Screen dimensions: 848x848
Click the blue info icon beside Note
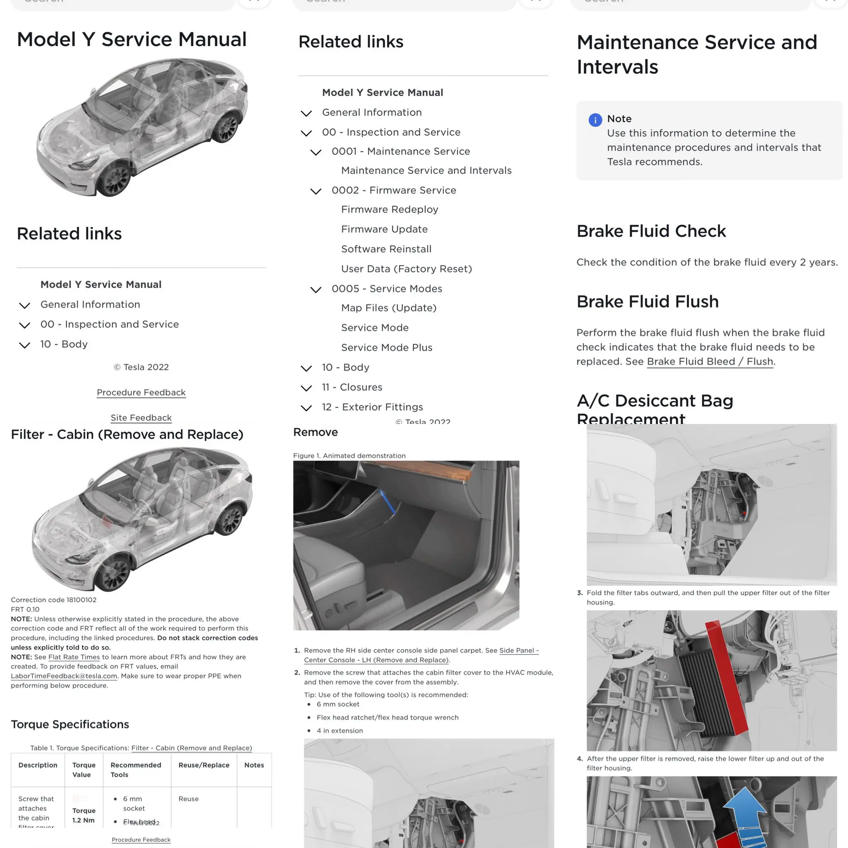pyautogui.click(x=595, y=120)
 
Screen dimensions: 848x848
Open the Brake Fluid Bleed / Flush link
pyautogui.click(x=709, y=361)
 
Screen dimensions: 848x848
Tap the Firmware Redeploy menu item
pyautogui.click(x=389, y=210)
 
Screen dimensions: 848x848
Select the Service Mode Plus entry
pyautogui.click(x=386, y=348)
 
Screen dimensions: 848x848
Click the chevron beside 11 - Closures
pyautogui.click(x=306, y=388)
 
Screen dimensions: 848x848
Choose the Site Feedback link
pyautogui.click(x=141, y=418)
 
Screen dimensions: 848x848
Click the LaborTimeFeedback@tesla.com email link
pyautogui.click(x=64, y=676)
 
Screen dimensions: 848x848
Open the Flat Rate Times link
pyautogui.click(x=74, y=657)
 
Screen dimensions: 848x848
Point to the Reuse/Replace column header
pyautogui.click(x=204, y=765)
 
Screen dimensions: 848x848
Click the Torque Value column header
pyautogui.click(x=83, y=770)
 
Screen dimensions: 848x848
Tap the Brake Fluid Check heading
pyautogui.click(x=651, y=231)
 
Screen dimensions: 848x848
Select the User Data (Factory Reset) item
pyautogui.click(x=407, y=269)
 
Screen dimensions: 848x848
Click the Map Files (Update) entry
pyautogui.click(x=388, y=308)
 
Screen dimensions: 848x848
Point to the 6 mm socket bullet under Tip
pyautogui.click(x=337, y=704)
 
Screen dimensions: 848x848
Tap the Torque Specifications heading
pyautogui.click(x=70, y=724)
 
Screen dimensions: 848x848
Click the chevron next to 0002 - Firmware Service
pyautogui.click(x=316, y=191)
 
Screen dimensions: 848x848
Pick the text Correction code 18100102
pyautogui.click(x=53, y=600)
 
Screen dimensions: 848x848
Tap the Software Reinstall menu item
pyautogui.click(x=386, y=249)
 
